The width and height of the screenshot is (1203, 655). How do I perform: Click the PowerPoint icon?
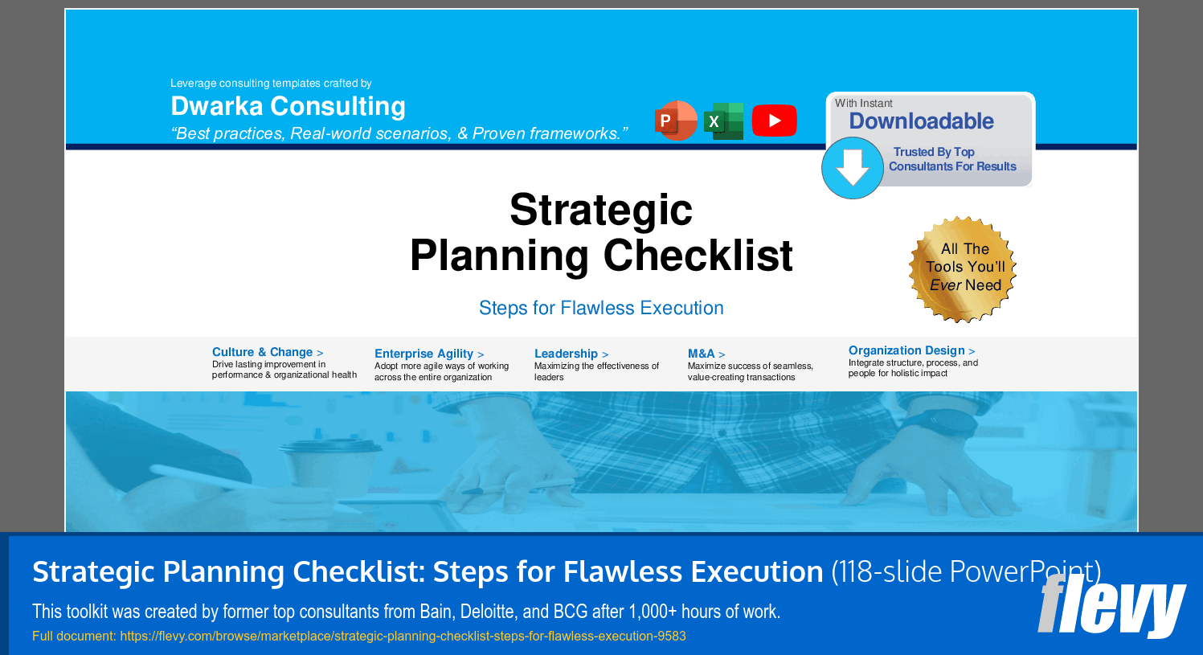[676, 121]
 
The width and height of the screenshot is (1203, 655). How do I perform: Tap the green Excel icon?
[724, 121]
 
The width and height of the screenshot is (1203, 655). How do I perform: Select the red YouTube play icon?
[774, 121]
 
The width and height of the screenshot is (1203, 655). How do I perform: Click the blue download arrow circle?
[853, 168]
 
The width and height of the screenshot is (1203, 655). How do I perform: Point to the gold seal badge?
[963, 269]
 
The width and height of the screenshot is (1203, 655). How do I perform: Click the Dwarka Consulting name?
[288, 106]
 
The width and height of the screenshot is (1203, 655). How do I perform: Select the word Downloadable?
[921, 121]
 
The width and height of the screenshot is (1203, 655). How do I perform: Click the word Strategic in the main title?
[601, 210]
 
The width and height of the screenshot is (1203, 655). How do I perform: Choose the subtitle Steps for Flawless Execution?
[601, 308]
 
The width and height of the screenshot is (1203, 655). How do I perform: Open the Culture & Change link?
[268, 352]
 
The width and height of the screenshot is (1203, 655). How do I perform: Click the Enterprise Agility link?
[429, 354]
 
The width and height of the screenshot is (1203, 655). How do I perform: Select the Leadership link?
[571, 354]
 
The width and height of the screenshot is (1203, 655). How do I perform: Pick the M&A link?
[706, 354]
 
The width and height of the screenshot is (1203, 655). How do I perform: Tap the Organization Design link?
[911, 350]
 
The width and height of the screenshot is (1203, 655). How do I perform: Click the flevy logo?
[1111, 605]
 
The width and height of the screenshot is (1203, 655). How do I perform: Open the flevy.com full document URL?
[403, 637]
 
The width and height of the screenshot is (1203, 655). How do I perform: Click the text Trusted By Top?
[934, 152]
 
